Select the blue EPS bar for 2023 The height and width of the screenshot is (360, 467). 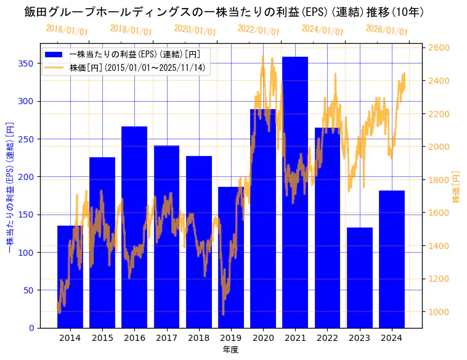(360, 277)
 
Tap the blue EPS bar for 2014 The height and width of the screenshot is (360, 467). (70, 277)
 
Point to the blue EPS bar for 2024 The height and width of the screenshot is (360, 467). (392, 259)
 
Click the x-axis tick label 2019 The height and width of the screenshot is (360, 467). (230, 338)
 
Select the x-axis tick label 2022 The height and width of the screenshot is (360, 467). (327, 338)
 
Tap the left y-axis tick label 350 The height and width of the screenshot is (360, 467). (25, 63)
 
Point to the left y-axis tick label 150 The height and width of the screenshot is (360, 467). (25, 215)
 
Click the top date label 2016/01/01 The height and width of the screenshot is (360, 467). (67, 30)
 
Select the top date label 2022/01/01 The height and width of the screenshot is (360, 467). (258, 30)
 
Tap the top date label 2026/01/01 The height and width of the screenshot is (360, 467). (386, 30)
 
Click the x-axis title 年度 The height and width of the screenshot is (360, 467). (230, 350)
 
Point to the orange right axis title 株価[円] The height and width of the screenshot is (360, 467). (457, 187)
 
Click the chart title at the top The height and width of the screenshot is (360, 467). (224, 12)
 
